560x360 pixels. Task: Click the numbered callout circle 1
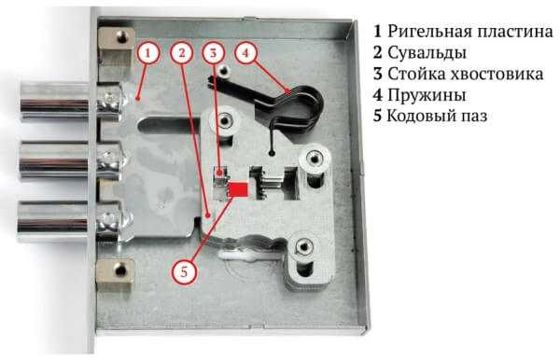pyautogui.click(x=147, y=53)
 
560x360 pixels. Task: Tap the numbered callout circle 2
pyautogui.click(x=182, y=53)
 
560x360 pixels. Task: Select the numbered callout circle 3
pyautogui.click(x=213, y=53)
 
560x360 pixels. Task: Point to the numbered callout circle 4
pyautogui.click(x=245, y=53)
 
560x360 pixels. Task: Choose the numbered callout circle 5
pyautogui.click(x=184, y=272)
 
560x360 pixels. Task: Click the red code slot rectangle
pyautogui.click(x=239, y=189)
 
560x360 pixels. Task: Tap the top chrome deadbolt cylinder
pyautogui.click(x=54, y=102)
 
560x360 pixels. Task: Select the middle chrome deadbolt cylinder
pyautogui.click(x=54, y=160)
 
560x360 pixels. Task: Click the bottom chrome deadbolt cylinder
pyautogui.click(x=53, y=221)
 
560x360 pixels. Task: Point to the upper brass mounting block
pyautogui.click(x=117, y=46)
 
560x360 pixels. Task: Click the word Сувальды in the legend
pyautogui.click(x=427, y=53)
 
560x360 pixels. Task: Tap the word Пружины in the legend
pyautogui.click(x=427, y=95)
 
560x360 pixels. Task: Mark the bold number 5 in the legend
pyautogui.click(x=377, y=117)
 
